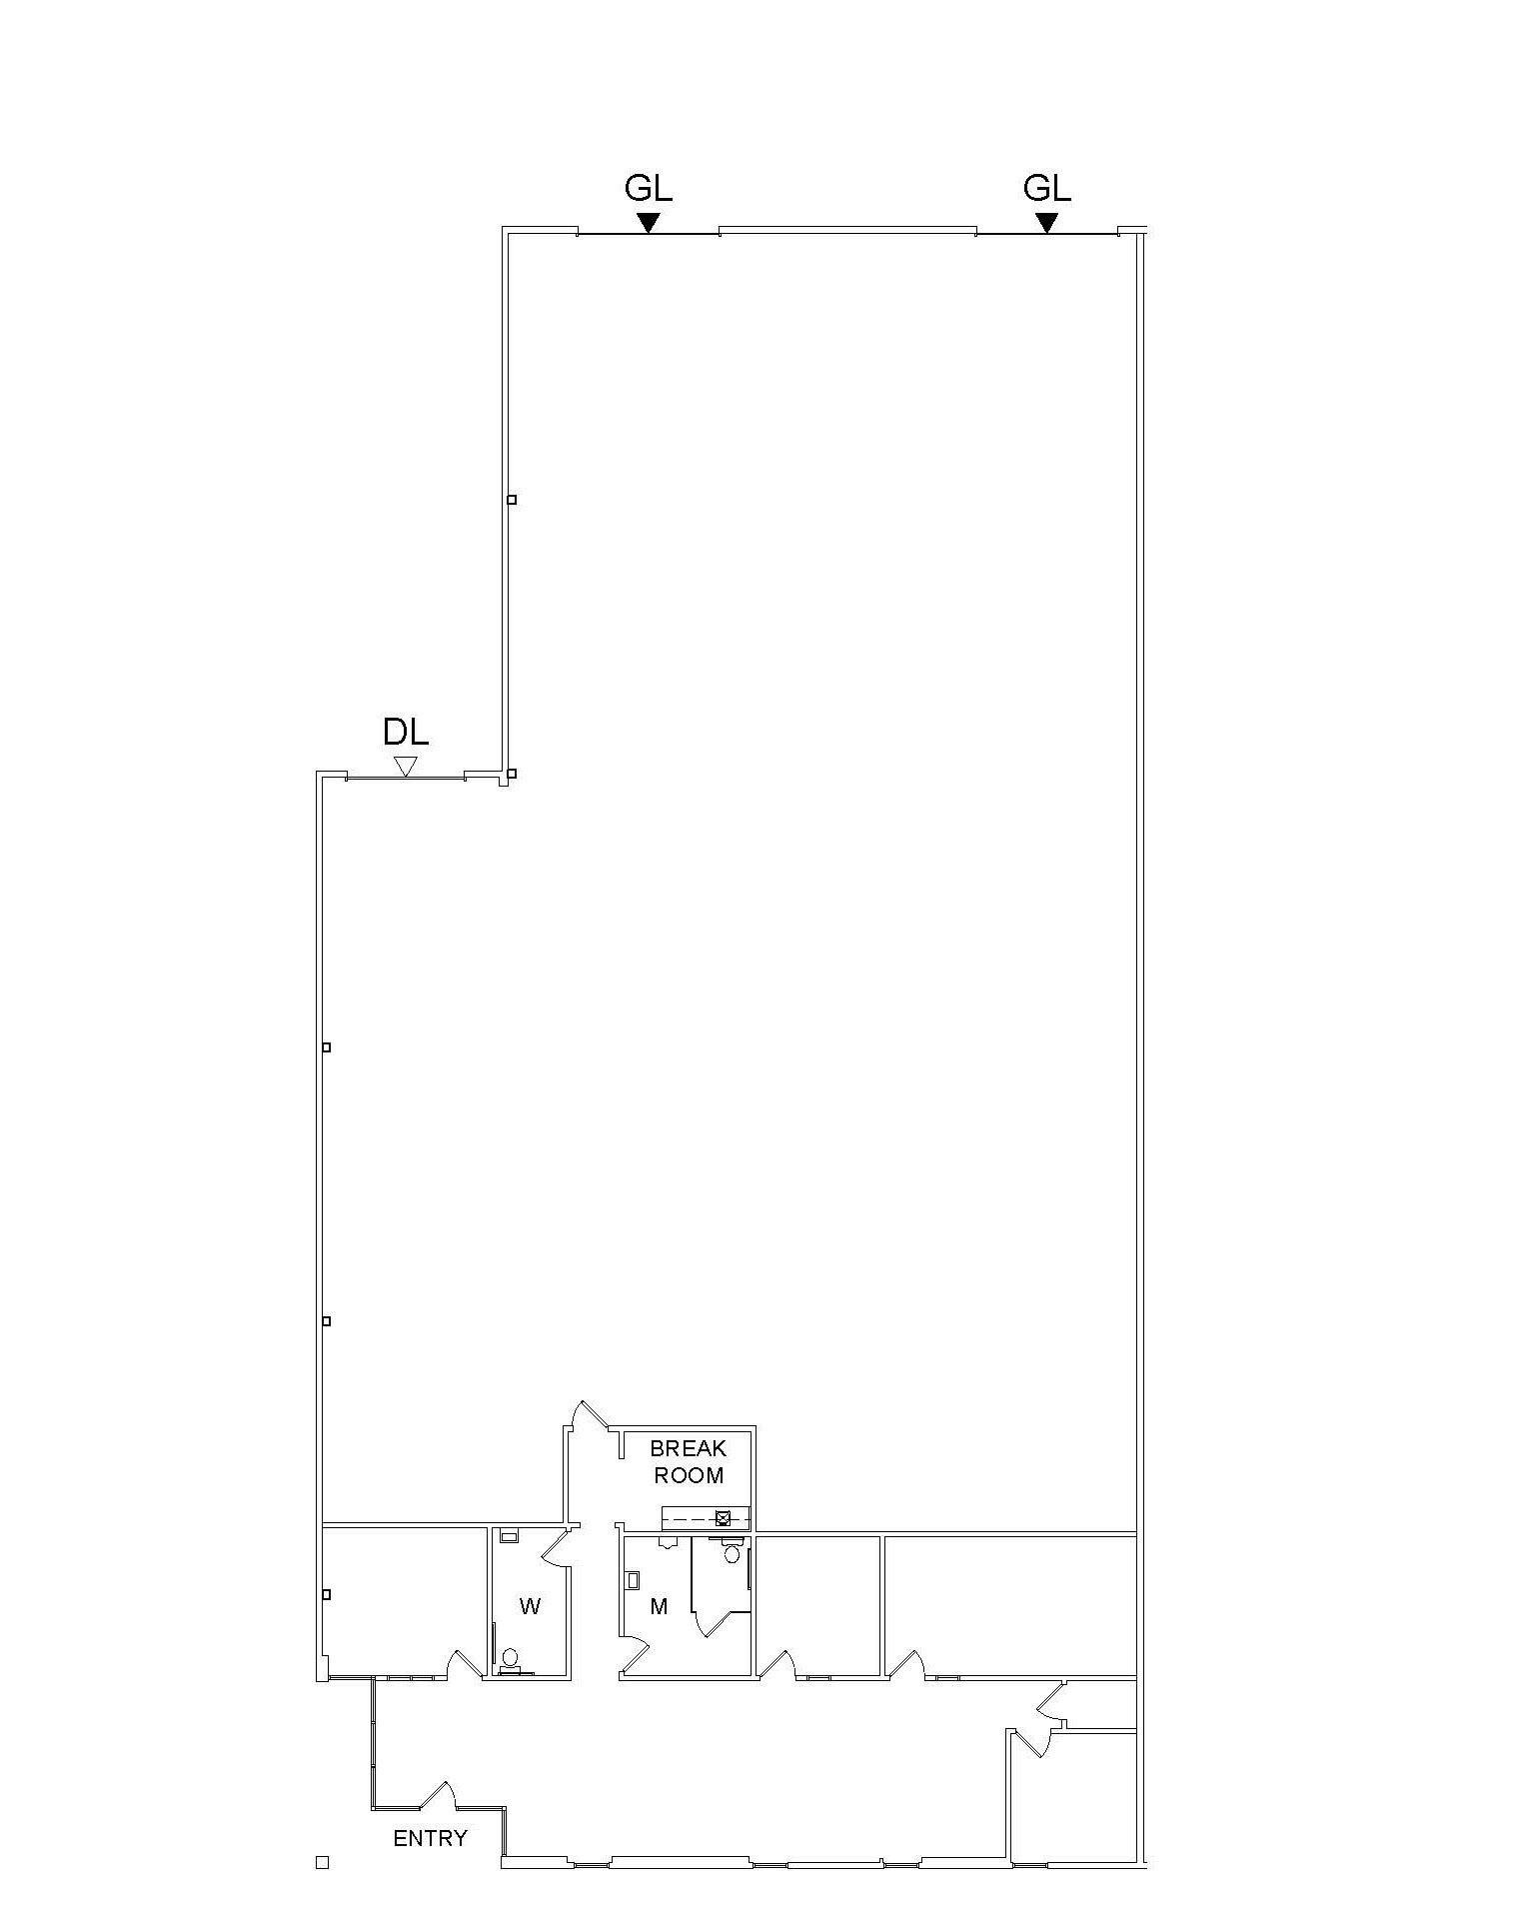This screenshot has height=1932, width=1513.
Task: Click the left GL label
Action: pyautogui.click(x=648, y=188)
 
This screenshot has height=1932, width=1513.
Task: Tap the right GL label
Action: pyautogui.click(x=1046, y=188)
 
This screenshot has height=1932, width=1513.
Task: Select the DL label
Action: pyautogui.click(x=406, y=733)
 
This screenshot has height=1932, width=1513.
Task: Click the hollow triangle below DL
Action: pyautogui.click(x=405, y=767)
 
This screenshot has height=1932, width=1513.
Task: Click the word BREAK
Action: pyautogui.click(x=688, y=1448)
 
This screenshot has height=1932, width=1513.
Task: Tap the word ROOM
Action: pyautogui.click(x=689, y=1474)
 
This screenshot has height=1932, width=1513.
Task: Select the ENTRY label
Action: pyautogui.click(x=430, y=1838)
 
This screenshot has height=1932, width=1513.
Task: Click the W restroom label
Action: pyautogui.click(x=530, y=1606)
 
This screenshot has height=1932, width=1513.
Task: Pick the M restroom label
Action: pyautogui.click(x=659, y=1606)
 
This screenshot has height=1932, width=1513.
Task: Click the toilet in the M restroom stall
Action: pyautogui.click(x=732, y=1552)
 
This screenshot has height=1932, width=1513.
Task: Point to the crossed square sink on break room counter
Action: pyautogui.click(x=723, y=1519)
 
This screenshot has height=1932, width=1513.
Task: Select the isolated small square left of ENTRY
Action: pyautogui.click(x=322, y=1862)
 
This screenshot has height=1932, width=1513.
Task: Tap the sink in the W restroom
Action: pyautogui.click(x=509, y=1536)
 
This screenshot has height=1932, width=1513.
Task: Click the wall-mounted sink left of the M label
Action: pyautogui.click(x=633, y=1580)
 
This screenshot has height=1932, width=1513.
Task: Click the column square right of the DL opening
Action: pyautogui.click(x=511, y=774)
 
